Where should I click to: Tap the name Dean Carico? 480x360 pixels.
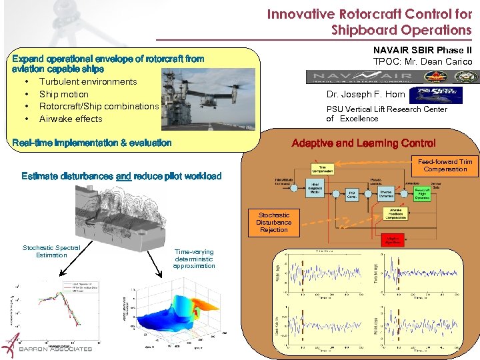447,62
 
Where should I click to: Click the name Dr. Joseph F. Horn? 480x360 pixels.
366,95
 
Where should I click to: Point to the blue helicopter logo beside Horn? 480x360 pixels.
433,95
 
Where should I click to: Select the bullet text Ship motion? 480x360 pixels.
64,94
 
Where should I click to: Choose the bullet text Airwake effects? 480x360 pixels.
71,119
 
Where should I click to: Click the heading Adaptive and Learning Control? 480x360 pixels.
364,143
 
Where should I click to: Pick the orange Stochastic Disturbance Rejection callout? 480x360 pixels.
274,223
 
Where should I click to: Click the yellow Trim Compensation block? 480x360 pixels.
322,169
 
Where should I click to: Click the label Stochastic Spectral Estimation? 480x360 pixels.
51,251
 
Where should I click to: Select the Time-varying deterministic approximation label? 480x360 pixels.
194,259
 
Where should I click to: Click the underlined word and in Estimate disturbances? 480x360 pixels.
123,176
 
